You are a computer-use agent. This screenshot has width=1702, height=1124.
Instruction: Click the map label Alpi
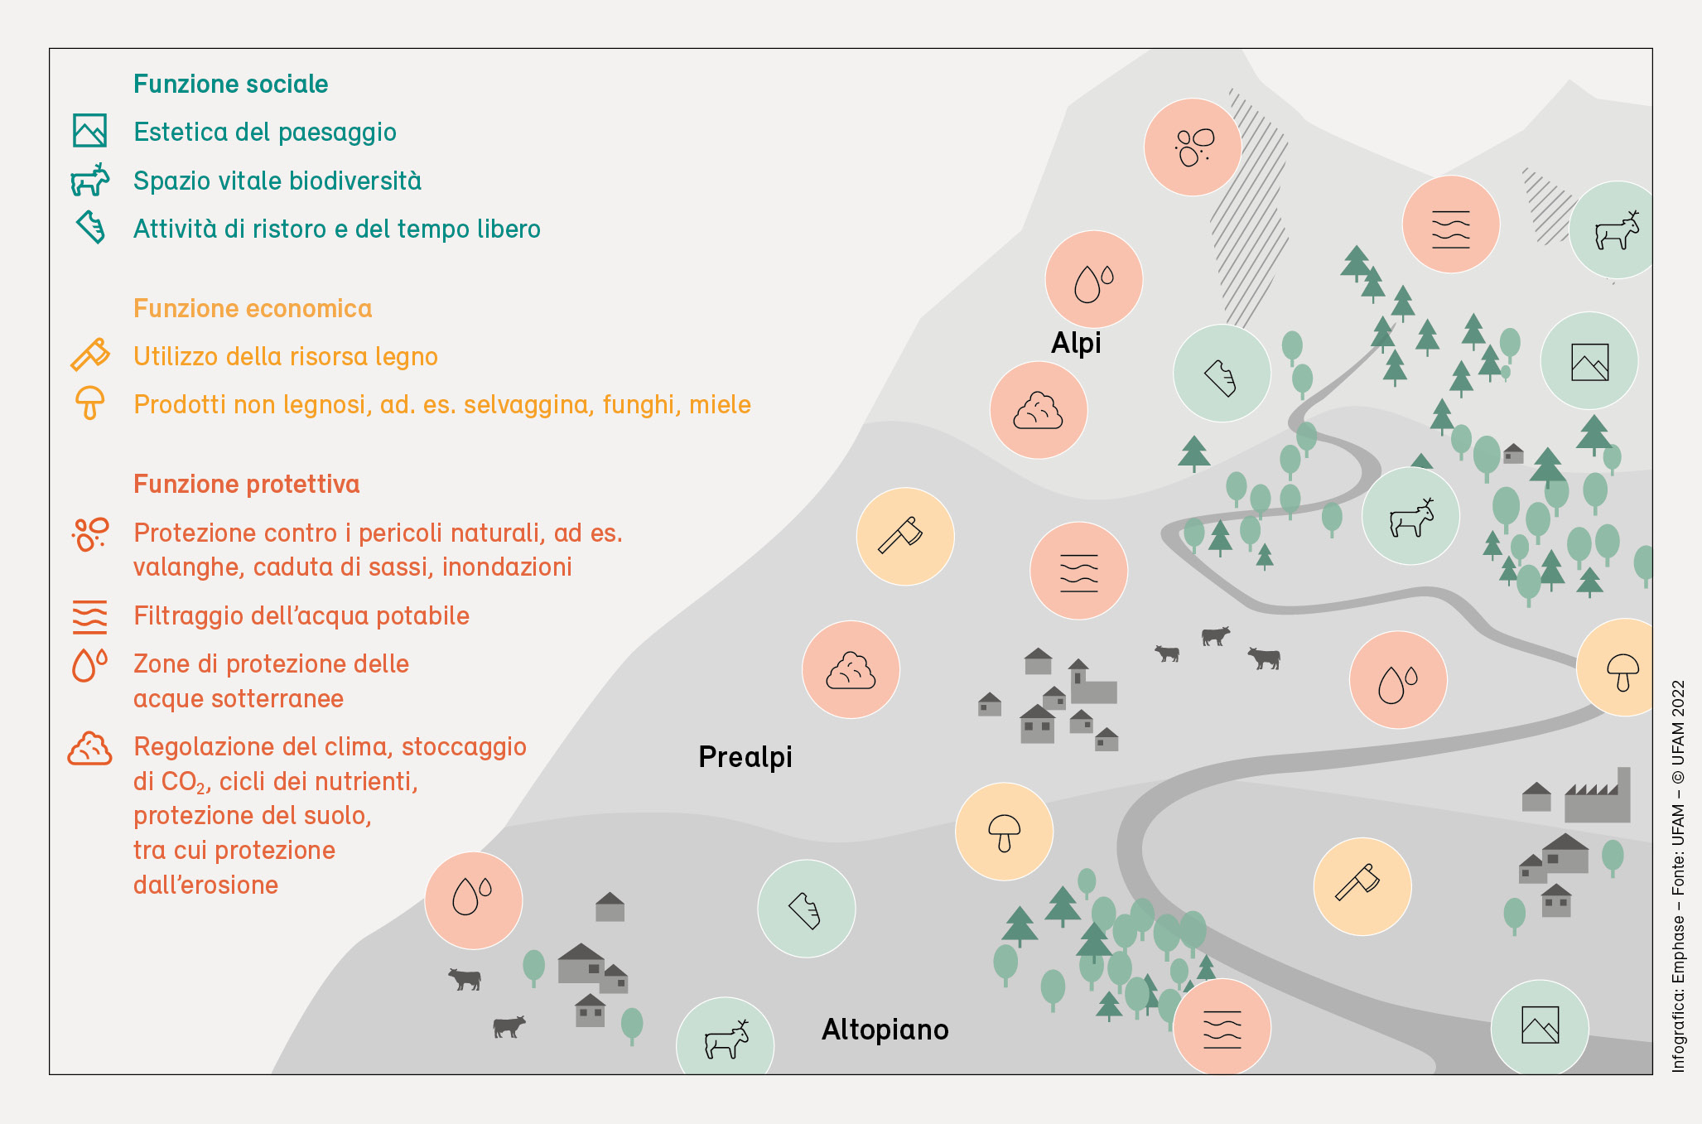pos(1076,343)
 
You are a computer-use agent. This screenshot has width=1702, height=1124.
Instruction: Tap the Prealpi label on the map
pos(745,757)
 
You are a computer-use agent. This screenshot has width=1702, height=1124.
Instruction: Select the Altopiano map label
pos(885,1030)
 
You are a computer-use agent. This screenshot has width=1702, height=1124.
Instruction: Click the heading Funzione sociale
pos(230,84)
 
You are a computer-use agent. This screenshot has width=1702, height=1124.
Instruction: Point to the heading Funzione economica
pos(253,308)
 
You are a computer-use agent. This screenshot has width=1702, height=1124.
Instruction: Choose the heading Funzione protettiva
pos(246,484)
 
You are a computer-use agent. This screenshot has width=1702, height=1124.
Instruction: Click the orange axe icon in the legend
pos(89,355)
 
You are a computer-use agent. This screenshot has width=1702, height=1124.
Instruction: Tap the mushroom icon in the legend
pos(89,403)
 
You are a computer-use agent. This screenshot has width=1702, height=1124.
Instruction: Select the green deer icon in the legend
pos(89,180)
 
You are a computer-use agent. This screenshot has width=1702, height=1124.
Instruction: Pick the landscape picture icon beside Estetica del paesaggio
pos(89,131)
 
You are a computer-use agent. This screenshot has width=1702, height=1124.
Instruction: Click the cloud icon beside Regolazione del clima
pos(89,749)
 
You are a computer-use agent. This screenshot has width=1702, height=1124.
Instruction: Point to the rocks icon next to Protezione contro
pos(89,534)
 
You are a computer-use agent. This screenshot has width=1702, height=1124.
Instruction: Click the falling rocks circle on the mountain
pos(1192,147)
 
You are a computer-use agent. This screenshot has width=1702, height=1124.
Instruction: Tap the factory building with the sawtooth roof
pos(1597,797)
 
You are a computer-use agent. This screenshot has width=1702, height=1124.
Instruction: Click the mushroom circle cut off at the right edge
pos(1620,668)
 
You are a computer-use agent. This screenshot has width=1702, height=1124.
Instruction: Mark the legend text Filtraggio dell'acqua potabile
pos(301,615)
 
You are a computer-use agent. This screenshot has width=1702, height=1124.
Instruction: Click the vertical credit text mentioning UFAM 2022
pos(1678,876)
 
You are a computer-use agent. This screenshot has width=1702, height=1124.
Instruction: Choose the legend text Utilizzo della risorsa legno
pos(286,356)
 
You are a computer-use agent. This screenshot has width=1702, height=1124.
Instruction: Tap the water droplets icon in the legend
pos(89,664)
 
